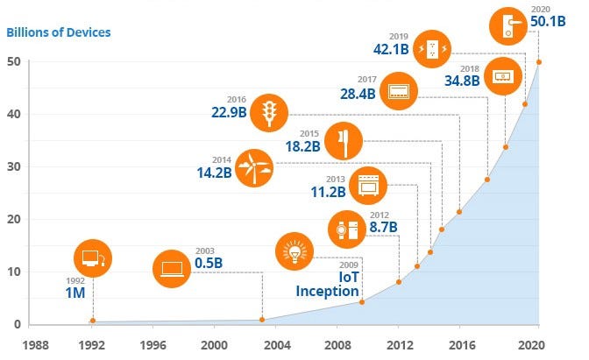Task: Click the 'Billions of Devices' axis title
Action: (x=59, y=33)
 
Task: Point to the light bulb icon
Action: (x=293, y=251)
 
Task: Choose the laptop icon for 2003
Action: (x=171, y=269)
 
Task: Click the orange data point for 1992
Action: (x=93, y=321)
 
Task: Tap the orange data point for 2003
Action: (x=262, y=319)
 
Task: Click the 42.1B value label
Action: (x=390, y=49)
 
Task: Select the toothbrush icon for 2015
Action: (x=342, y=139)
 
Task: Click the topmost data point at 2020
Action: (x=538, y=62)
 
